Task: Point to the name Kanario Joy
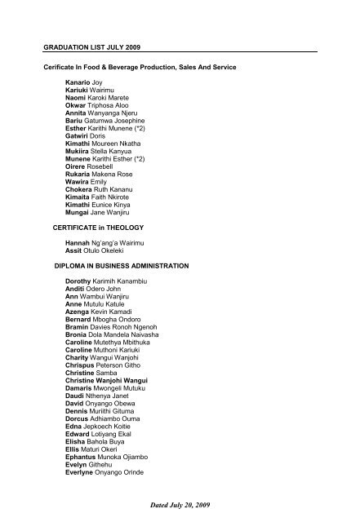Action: coord(83,83)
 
